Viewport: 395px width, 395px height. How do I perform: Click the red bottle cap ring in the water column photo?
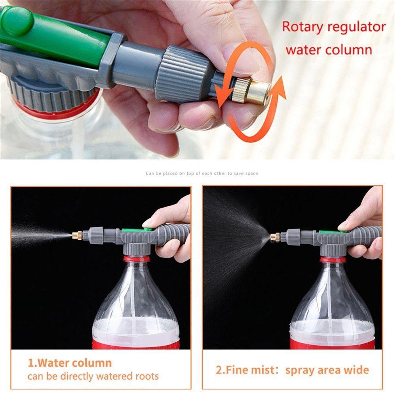coord(136,259)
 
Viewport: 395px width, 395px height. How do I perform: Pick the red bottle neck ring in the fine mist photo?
coord(333,260)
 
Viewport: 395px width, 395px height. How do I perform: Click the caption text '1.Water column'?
coord(70,363)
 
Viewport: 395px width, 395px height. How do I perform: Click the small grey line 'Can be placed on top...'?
coord(201,173)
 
